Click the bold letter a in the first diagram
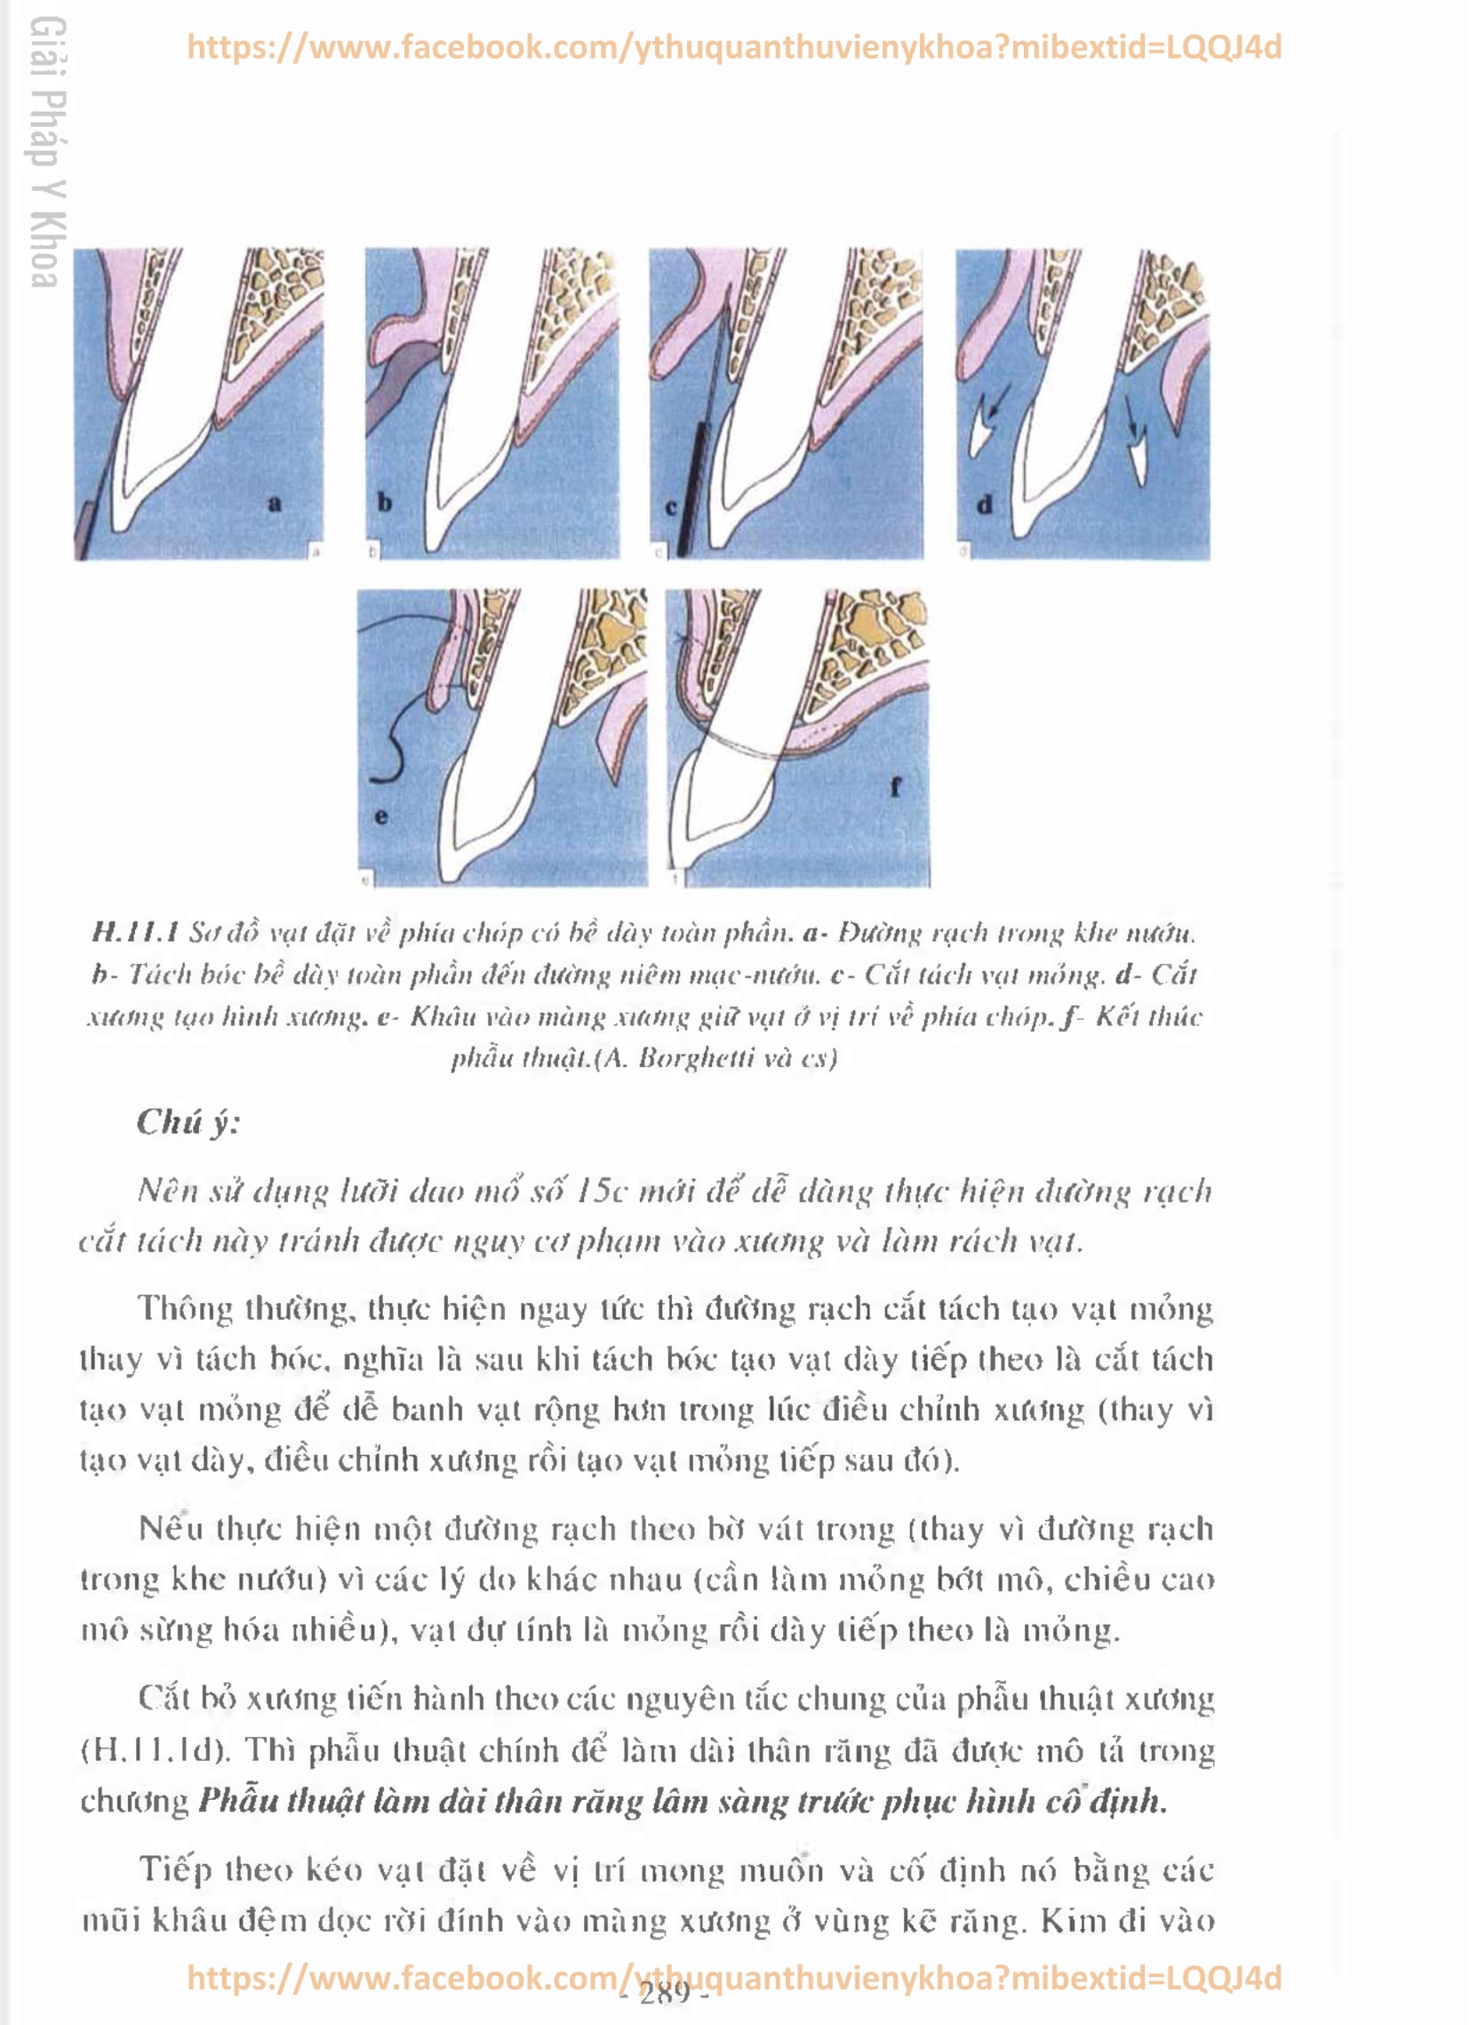click(274, 503)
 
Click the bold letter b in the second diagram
click(385, 502)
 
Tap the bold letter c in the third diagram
click(671, 507)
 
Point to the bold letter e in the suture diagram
click(381, 816)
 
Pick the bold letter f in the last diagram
click(895, 786)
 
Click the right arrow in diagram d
click(1132, 414)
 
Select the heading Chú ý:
click(188, 1122)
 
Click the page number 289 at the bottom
click(665, 1992)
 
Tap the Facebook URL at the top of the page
click(733, 47)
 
